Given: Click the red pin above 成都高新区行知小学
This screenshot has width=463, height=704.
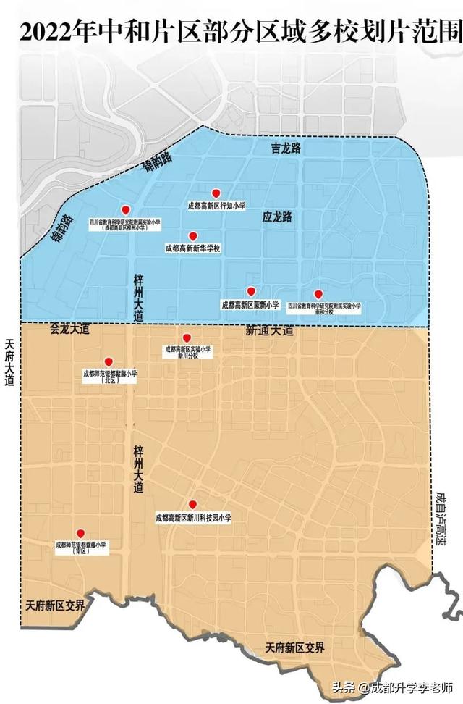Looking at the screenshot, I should point(215,193).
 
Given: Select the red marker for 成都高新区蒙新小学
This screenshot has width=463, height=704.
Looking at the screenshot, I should point(251,291).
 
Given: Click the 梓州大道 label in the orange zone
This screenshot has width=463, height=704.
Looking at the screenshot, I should point(138,469).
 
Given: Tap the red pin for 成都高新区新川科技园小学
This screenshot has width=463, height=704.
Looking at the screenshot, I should point(192,505).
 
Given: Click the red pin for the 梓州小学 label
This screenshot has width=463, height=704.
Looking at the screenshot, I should point(125,209).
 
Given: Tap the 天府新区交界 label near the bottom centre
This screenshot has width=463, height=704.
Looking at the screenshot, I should point(294,647).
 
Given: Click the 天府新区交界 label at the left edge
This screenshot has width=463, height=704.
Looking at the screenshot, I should point(54,604).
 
